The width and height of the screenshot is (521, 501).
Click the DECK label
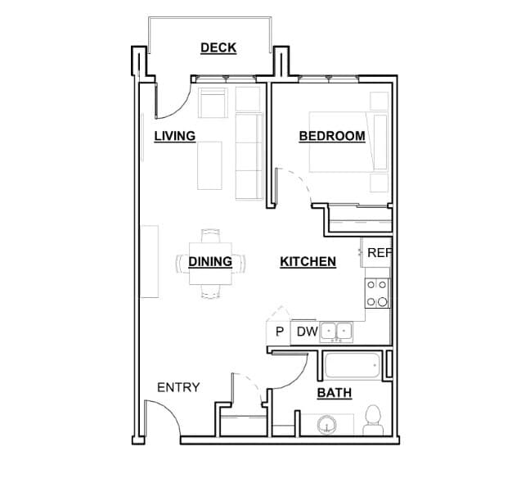click(x=218, y=47)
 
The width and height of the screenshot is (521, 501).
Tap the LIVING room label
click(x=175, y=136)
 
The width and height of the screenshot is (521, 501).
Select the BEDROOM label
click(x=331, y=136)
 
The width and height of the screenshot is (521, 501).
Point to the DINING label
click(x=209, y=262)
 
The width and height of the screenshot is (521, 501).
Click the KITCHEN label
click(x=308, y=262)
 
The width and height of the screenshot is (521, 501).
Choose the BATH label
click(x=334, y=394)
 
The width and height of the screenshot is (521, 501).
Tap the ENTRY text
click(x=177, y=387)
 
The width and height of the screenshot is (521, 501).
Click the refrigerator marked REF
click(x=378, y=253)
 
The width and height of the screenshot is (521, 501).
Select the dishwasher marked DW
click(x=307, y=332)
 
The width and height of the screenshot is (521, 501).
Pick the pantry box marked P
click(x=279, y=332)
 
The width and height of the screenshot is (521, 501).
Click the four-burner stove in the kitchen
click(x=377, y=293)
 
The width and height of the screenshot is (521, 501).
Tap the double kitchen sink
click(x=336, y=332)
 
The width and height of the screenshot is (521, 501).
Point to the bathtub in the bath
click(x=353, y=365)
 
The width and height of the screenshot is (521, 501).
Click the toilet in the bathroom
click(x=374, y=419)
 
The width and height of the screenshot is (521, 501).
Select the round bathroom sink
click(x=326, y=426)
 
